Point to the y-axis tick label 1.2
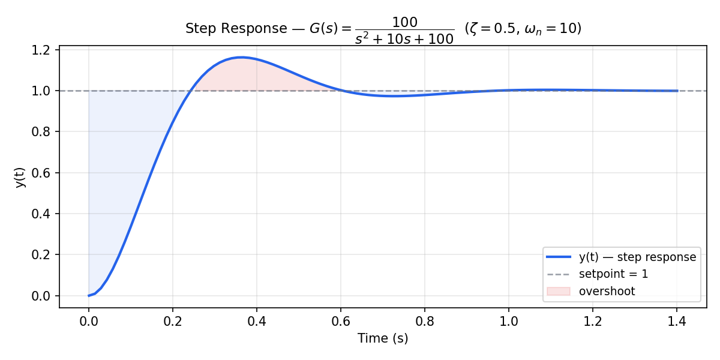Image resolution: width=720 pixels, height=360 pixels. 45,50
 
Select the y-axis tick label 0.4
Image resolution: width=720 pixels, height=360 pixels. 45,214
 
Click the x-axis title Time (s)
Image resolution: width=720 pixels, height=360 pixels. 383,338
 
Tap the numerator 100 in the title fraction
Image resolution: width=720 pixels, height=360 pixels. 404,22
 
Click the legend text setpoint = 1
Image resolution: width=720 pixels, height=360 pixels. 613,274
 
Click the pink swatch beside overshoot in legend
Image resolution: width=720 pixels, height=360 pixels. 559,292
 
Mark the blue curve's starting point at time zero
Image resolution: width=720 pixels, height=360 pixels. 89,295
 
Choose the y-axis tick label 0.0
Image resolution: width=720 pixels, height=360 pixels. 45,296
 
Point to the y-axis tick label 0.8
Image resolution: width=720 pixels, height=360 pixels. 45,132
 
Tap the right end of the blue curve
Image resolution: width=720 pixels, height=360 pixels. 677,91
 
